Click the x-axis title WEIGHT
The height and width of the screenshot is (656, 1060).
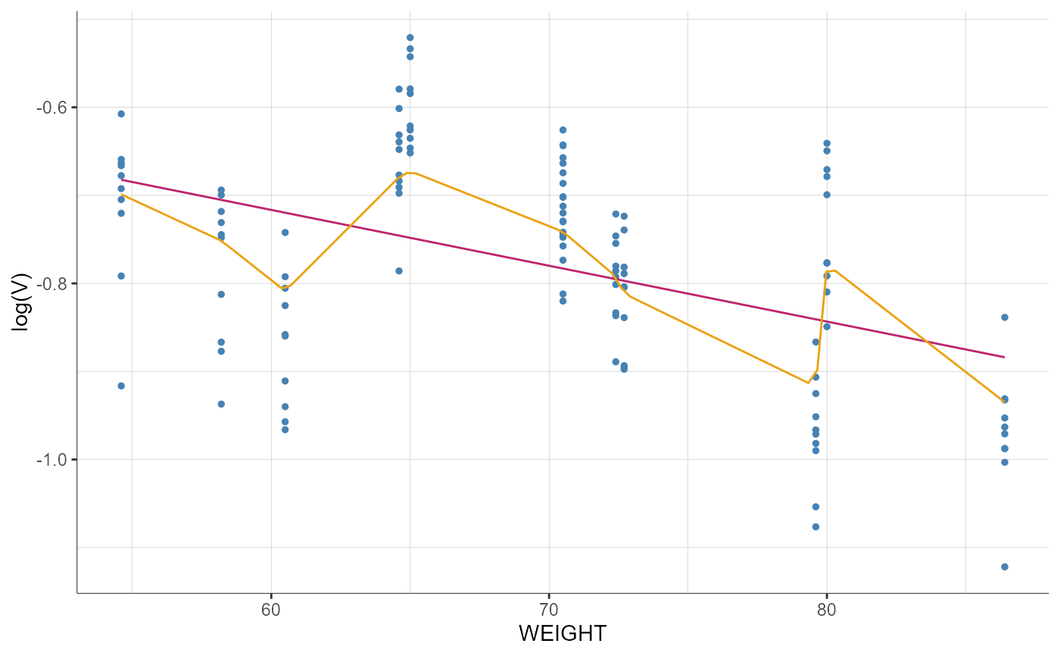point(563,633)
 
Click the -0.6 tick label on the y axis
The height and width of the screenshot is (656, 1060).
point(51,107)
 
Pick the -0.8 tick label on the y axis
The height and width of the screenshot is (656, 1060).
point(51,283)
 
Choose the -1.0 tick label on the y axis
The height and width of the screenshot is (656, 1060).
point(51,459)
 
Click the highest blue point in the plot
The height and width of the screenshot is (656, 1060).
point(410,37)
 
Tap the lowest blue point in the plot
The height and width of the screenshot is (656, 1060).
point(1005,567)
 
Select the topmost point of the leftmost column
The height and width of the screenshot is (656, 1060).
point(121,114)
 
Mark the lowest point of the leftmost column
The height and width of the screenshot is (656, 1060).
point(121,386)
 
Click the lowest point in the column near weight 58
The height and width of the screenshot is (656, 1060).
point(221,404)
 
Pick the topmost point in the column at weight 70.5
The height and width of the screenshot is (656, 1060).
point(563,130)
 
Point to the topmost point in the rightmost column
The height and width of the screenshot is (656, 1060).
point(1005,317)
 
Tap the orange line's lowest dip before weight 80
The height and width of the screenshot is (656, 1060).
point(809,383)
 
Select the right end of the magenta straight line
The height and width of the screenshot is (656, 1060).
point(1005,357)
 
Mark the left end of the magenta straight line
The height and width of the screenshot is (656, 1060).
point(121,180)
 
